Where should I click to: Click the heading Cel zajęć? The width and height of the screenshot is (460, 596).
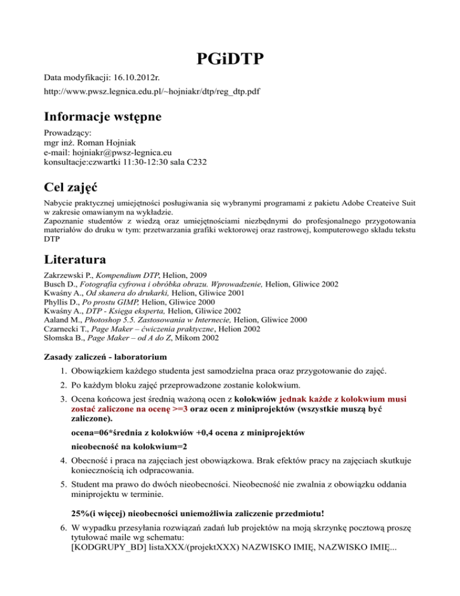click(x=75, y=189)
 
